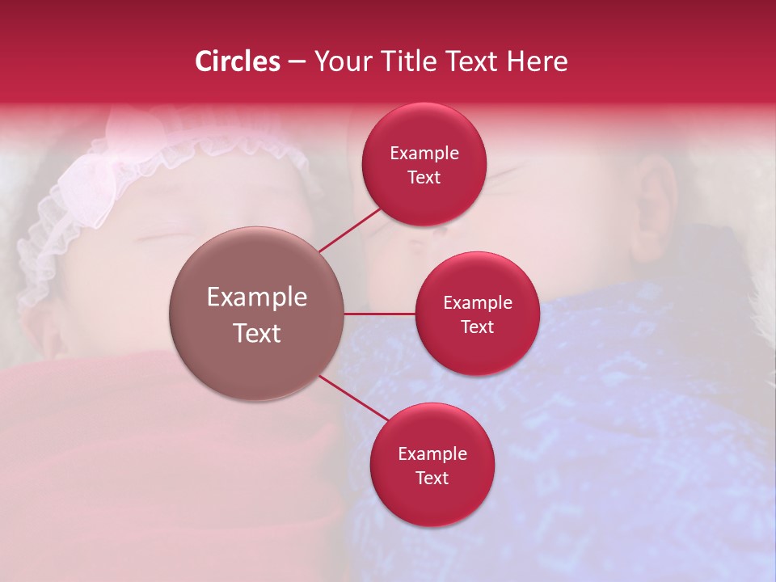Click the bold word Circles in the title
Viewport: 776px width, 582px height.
(238, 61)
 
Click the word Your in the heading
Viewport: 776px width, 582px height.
(339, 61)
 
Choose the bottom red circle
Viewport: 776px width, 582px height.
(432, 501)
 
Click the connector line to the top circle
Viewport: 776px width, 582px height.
(352, 229)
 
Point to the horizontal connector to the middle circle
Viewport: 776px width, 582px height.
(380, 314)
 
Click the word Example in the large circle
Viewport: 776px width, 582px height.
(257, 297)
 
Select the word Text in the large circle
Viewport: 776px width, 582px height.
(257, 333)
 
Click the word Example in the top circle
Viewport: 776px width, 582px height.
(424, 154)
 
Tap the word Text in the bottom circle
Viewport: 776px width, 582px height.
(432, 478)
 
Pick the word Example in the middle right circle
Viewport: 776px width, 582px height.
(478, 303)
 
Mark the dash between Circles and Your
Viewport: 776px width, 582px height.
(297, 62)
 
